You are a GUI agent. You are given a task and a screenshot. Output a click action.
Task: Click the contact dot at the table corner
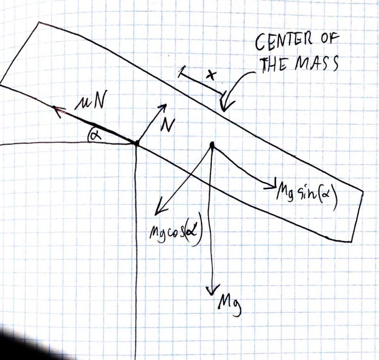pos(136,143)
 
